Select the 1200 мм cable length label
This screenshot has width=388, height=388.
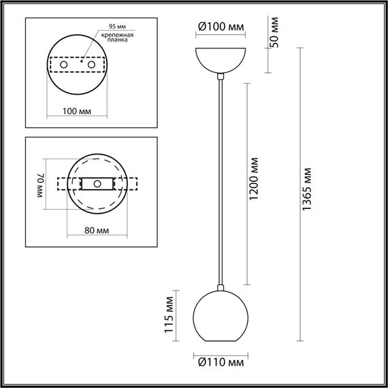(x=254, y=181)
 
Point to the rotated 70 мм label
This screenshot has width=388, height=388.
(x=40, y=184)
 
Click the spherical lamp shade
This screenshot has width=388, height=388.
(x=219, y=317)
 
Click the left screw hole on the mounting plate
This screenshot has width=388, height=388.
(x=65, y=65)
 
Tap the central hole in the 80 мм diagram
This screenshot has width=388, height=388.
(x=97, y=184)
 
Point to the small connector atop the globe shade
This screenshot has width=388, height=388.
(x=219, y=287)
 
